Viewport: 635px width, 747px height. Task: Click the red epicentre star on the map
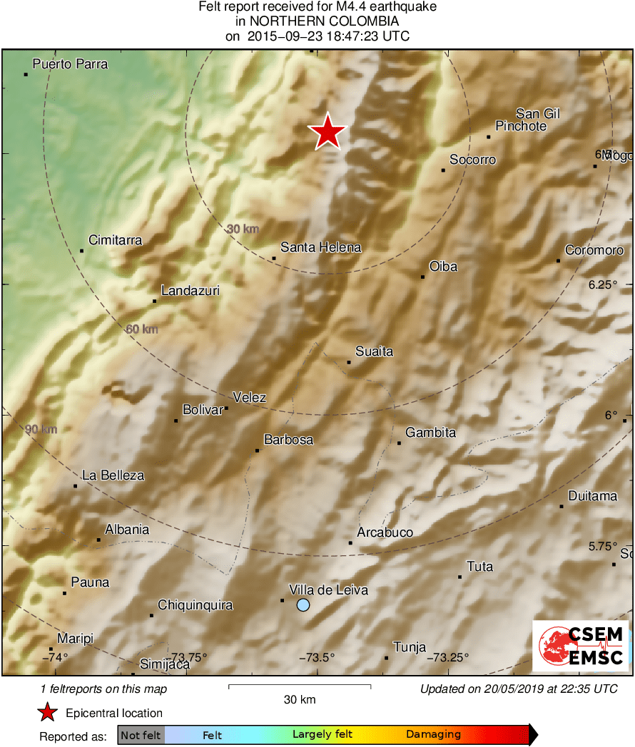pos(327,132)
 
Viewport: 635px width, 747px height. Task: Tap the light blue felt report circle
pos(303,605)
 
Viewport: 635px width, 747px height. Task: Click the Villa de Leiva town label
pos(328,589)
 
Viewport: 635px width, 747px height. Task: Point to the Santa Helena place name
pos(320,247)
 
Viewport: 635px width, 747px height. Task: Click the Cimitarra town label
pos(115,240)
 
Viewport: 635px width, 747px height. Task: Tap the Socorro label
pos(472,160)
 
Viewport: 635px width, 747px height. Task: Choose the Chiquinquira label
pos(195,605)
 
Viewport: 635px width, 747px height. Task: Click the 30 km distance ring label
pos(243,229)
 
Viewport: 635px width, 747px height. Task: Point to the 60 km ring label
pos(141,329)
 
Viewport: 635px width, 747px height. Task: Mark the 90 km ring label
pos(41,429)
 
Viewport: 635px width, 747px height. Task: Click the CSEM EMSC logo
pos(581,646)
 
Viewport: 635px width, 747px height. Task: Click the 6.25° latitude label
pos(603,284)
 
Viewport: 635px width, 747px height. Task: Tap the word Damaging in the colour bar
pos(433,734)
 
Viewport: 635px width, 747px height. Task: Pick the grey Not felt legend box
pos(141,734)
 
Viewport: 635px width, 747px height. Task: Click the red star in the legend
pos(48,713)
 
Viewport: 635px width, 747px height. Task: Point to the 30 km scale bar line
pos(300,686)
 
